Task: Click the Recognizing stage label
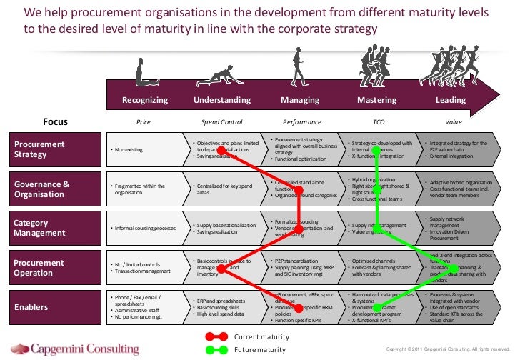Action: pos(145,101)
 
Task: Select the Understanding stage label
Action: pos(222,101)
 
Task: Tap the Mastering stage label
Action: pos(376,101)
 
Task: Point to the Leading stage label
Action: pos(451,101)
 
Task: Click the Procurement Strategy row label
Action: pos(41,149)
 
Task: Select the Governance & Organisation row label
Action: pos(42,189)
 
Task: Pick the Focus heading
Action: pos(55,122)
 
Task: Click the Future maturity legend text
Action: pos(259,349)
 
